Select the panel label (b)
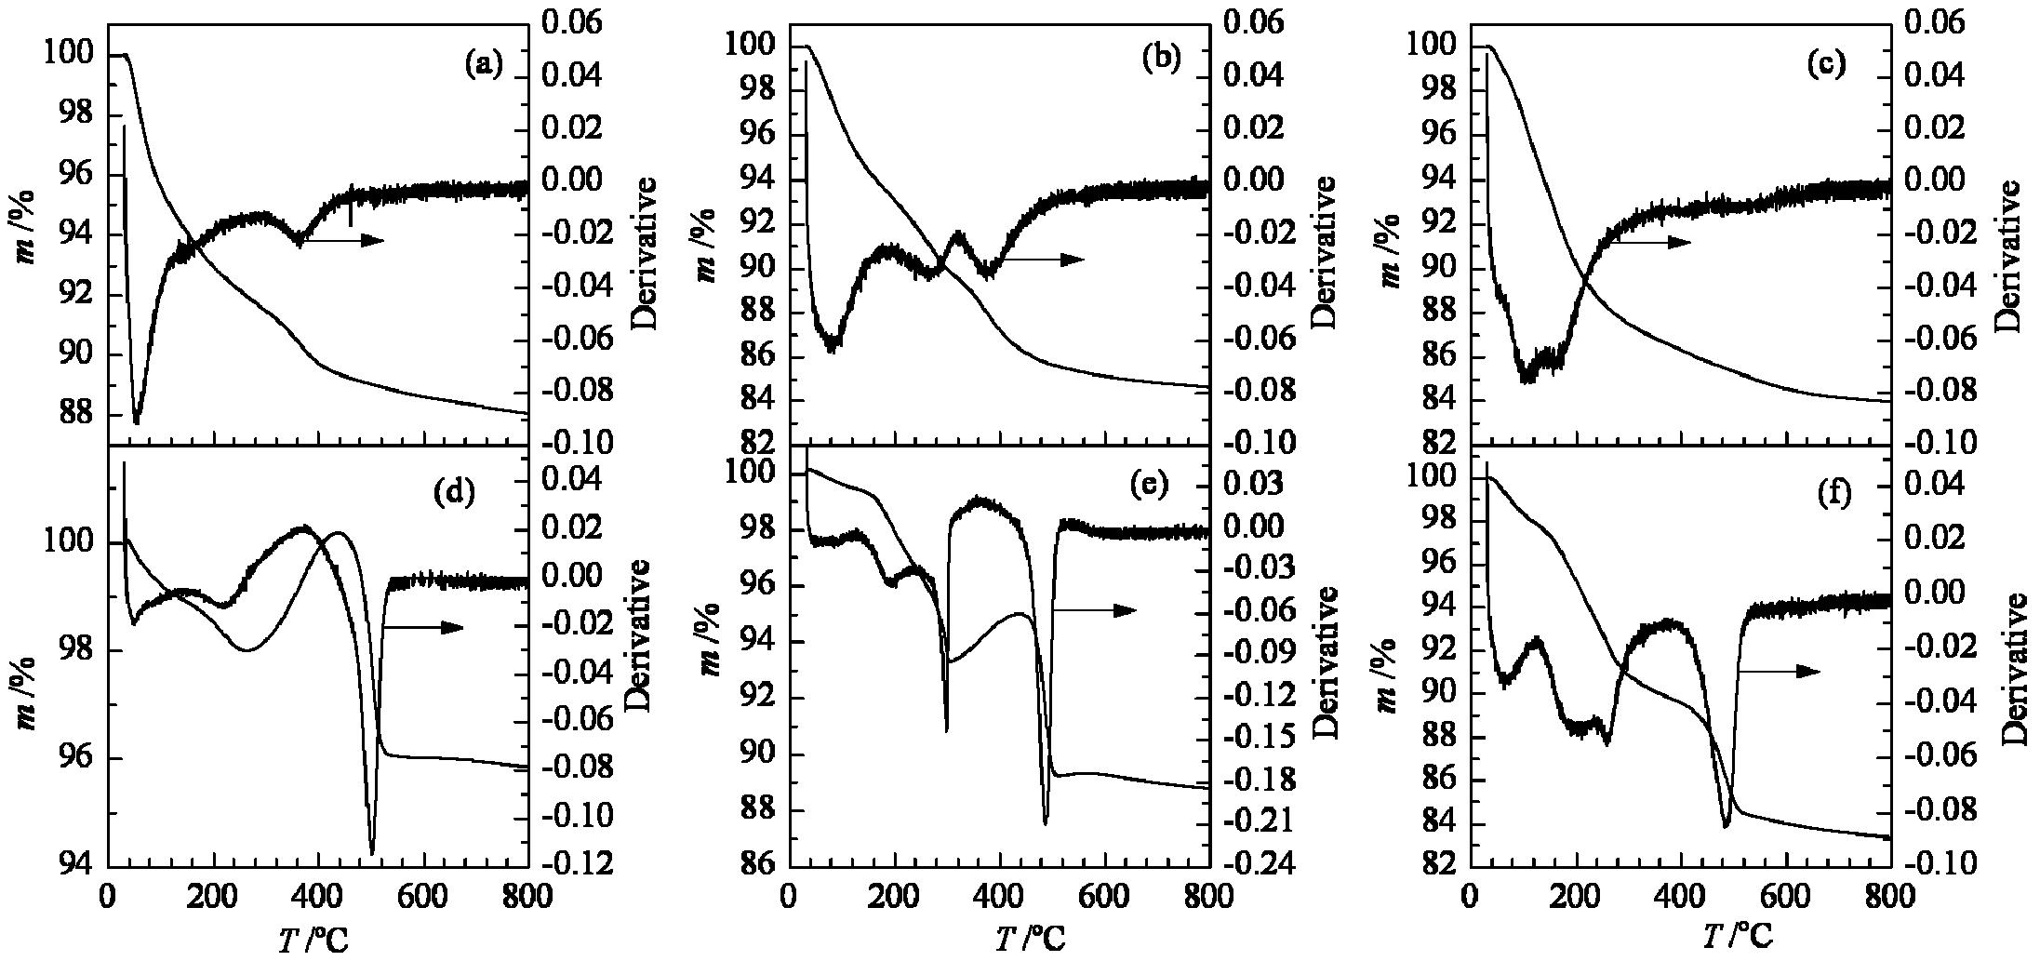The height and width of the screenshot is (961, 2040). pyautogui.click(x=1161, y=59)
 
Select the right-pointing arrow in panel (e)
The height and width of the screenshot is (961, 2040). pyautogui.click(x=1095, y=610)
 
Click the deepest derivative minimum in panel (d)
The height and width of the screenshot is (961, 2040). pyautogui.click(x=372, y=853)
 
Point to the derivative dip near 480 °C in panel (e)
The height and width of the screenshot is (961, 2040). pyautogui.click(x=1046, y=822)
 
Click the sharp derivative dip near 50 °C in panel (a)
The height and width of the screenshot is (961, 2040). pyautogui.click(x=137, y=422)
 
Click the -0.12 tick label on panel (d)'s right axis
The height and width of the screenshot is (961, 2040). pyautogui.click(x=582, y=865)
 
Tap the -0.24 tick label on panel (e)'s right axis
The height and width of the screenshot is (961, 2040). pyautogui.click(x=1260, y=865)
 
